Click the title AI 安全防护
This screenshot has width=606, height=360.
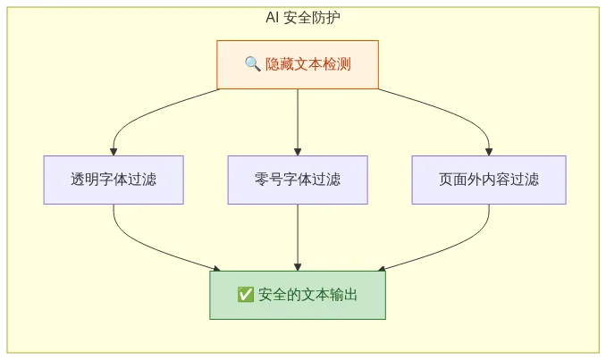point(302,17)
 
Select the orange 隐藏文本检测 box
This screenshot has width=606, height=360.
point(298,64)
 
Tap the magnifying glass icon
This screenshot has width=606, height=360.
point(252,64)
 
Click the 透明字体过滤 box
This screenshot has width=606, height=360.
point(114,180)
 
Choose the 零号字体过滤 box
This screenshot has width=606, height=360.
point(298,180)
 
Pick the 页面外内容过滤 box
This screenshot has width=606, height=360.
point(489,180)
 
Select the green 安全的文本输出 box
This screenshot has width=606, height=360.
point(298,295)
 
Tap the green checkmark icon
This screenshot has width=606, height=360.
point(246,295)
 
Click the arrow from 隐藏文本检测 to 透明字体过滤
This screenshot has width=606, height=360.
point(143,112)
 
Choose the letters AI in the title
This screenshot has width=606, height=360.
point(272,17)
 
